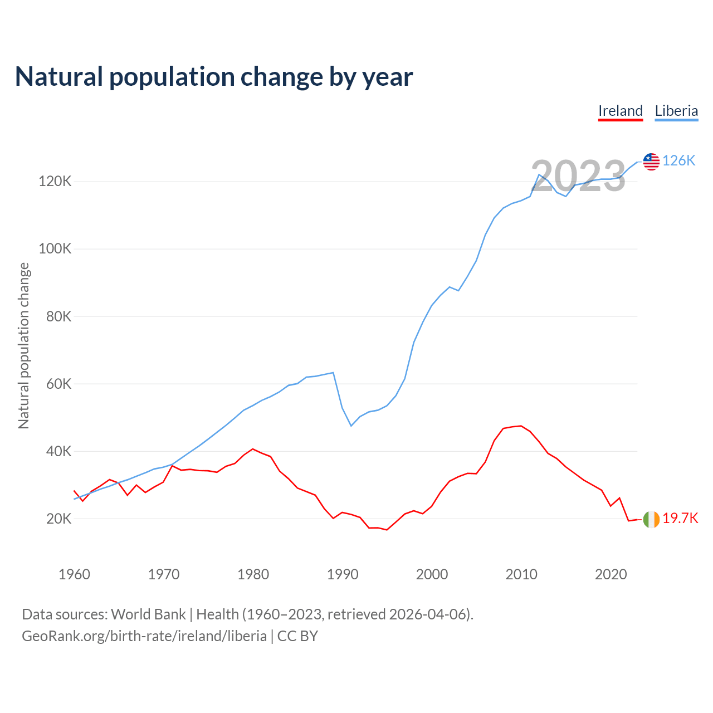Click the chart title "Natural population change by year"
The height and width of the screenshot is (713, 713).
coord(214,77)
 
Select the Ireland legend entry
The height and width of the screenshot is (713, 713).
coord(621,111)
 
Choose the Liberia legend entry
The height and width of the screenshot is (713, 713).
coord(676,111)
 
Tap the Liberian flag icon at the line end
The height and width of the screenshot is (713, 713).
coord(651,162)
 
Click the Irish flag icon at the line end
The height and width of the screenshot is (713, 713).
coord(651,519)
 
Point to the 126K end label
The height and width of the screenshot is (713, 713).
coord(679,161)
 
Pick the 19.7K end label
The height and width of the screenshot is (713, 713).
coord(680,519)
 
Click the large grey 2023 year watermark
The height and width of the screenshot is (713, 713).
coord(578,176)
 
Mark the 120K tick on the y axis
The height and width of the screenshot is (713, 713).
coord(55,182)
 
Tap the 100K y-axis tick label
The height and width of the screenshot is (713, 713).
coord(55,249)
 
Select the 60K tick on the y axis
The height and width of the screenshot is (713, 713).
coord(59,384)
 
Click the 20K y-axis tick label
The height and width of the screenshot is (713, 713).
coord(59,519)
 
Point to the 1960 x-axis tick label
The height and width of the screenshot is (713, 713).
coord(74,574)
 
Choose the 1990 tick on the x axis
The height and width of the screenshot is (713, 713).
coord(343,574)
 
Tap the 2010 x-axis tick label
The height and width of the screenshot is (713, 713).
coord(521,574)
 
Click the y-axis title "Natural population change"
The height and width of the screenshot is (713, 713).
coord(24,346)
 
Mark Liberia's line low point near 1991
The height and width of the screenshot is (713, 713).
coord(351,426)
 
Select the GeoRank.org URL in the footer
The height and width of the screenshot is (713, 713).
coord(144,636)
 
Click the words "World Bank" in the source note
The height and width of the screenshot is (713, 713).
coord(148,614)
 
